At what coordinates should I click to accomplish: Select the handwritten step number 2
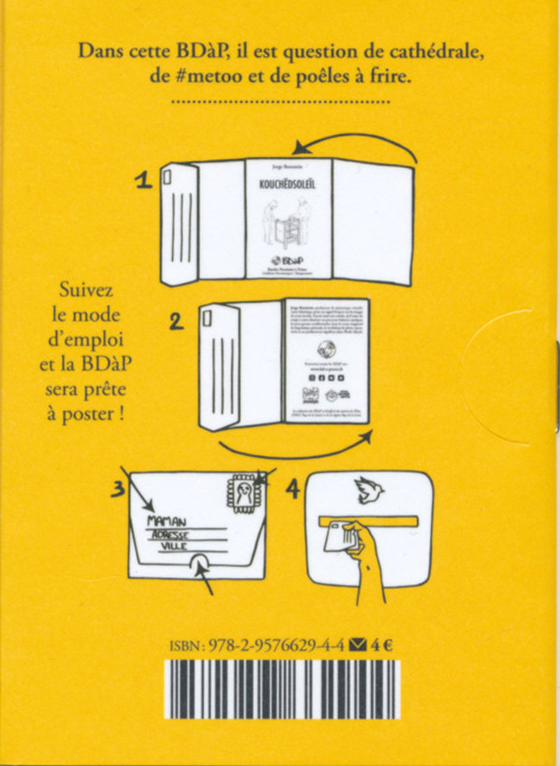tap(176, 323)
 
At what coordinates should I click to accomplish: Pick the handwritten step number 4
tap(291, 490)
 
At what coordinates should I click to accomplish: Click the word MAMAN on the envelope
tap(169, 522)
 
